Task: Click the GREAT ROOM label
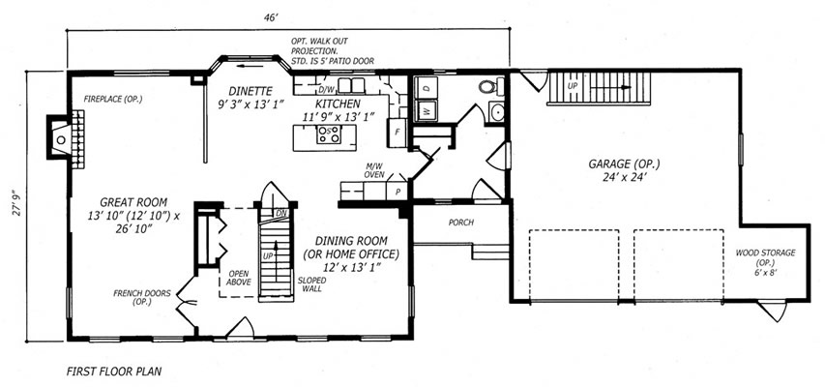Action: click(133, 201)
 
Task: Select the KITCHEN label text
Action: click(338, 104)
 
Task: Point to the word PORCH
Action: click(461, 223)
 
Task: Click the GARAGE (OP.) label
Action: click(624, 164)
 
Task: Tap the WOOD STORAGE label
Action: click(765, 253)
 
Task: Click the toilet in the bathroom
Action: click(491, 86)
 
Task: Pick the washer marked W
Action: click(426, 110)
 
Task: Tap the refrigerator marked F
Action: click(396, 133)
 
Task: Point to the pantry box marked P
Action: click(398, 192)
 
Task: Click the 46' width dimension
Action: click(271, 18)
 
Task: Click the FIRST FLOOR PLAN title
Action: click(114, 372)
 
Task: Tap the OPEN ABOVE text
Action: click(239, 278)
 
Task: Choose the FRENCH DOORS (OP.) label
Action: click(142, 297)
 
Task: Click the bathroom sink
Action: click(496, 111)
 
